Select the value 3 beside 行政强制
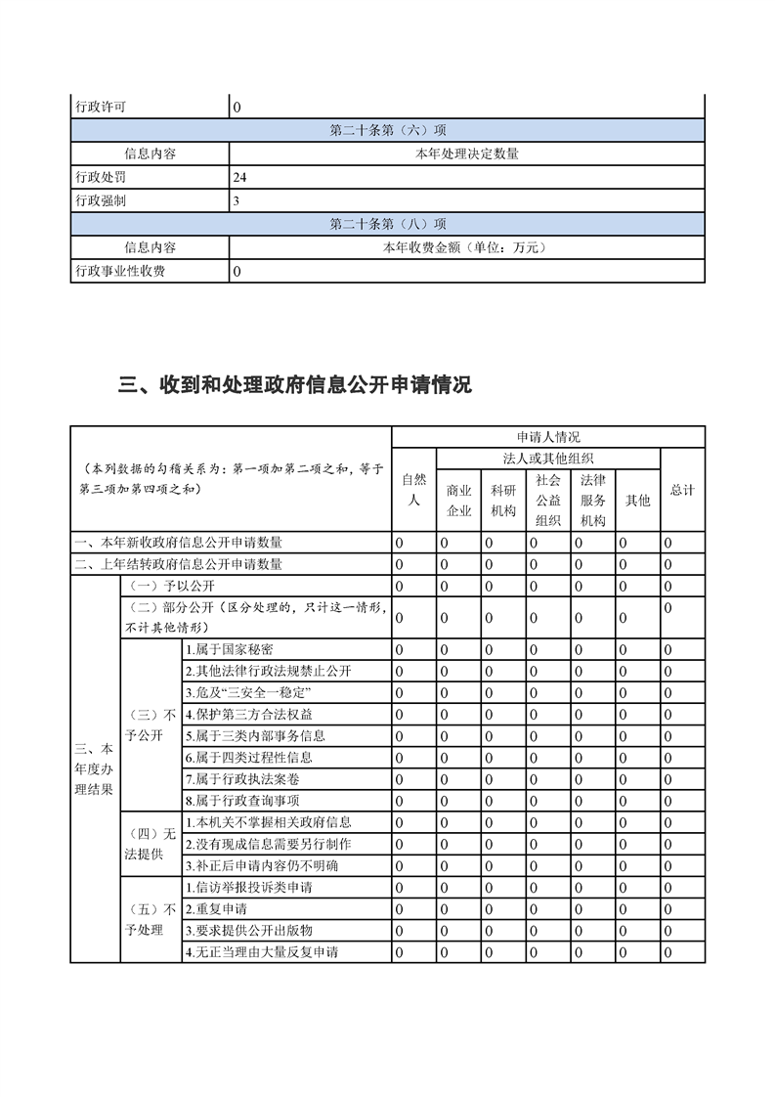point(237,201)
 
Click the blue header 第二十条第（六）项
point(388,130)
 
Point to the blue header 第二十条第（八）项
point(388,224)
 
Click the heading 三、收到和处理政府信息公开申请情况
point(294,385)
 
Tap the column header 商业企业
point(459,500)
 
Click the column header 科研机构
point(503,500)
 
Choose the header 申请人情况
point(548,437)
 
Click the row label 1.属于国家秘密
point(229,649)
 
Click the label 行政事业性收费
point(120,271)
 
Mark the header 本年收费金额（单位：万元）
point(466,247)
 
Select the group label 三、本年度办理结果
point(94,768)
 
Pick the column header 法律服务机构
point(593,500)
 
